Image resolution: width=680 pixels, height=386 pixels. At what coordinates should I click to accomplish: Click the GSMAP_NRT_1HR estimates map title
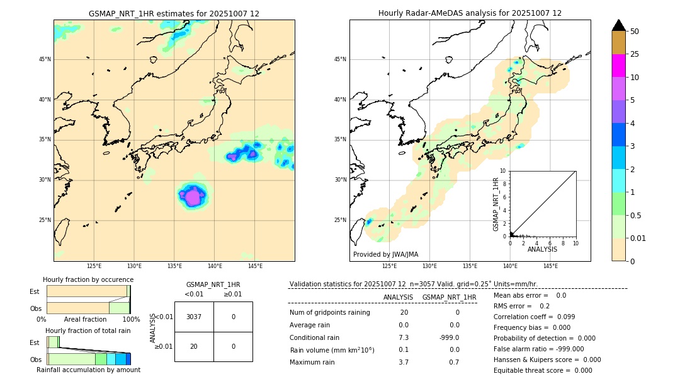[x=174, y=13]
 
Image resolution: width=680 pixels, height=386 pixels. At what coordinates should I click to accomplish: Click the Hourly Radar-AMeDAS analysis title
[x=470, y=13]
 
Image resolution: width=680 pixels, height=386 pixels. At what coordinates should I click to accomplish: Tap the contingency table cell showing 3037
[x=194, y=317]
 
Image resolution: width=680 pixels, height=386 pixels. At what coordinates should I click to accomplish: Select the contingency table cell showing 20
[x=194, y=346]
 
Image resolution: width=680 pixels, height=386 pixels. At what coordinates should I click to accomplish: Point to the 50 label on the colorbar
[x=635, y=32]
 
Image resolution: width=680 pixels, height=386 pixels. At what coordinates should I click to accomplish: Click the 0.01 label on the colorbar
[x=637, y=238]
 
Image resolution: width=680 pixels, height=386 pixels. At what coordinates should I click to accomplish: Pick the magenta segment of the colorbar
[x=619, y=66]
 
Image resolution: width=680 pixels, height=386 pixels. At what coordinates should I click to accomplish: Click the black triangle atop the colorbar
[x=619, y=25]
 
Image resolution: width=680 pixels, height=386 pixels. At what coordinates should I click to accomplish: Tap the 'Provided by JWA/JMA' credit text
[x=385, y=254]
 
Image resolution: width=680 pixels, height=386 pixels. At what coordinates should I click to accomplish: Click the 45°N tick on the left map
[x=45, y=59]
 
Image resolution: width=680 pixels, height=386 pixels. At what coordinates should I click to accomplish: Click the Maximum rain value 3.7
[x=404, y=362]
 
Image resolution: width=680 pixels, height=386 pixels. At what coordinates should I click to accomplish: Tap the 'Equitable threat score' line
[x=543, y=370]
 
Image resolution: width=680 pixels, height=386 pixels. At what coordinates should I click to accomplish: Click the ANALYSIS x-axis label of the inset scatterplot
[x=542, y=249]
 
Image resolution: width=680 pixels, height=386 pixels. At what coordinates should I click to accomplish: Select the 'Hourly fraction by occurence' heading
[x=88, y=279]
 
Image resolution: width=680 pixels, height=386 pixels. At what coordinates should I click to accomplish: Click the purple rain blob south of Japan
[x=193, y=197]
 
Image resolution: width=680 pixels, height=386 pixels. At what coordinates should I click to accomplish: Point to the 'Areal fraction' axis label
[x=86, y=320]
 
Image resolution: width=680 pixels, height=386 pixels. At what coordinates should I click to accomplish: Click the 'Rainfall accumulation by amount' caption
[x=88, y=370]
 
